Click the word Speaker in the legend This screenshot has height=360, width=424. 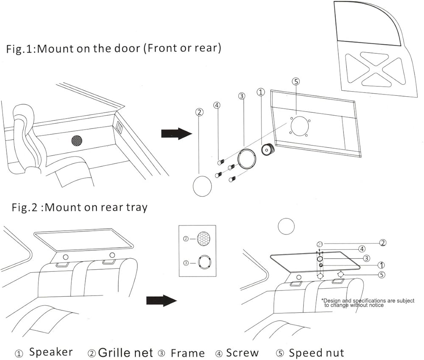[x=50, y=352]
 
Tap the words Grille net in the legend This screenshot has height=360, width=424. [x=126, y=352]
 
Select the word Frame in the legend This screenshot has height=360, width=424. [x=187, y=353]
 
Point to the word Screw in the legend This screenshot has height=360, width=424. [x=242, y=352]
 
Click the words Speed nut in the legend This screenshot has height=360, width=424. [x=316, y=352]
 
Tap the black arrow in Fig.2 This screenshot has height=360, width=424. [x=161, y=301]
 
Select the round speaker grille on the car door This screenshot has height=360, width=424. [x=76, y=140]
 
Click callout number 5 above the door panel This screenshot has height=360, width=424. [x=296, y=81]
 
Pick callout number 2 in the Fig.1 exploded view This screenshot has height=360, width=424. [x=198, y=112]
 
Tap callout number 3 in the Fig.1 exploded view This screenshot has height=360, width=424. [x=242, y=96]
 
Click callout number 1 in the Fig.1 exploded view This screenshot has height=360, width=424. [x=261, y=92]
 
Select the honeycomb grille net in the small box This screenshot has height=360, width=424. [x=204, y=239]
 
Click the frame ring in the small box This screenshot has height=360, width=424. [x=204, y=262]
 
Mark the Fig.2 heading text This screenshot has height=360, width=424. [x=79, y=207]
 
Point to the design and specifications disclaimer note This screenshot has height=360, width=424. [x=367, y=303]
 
